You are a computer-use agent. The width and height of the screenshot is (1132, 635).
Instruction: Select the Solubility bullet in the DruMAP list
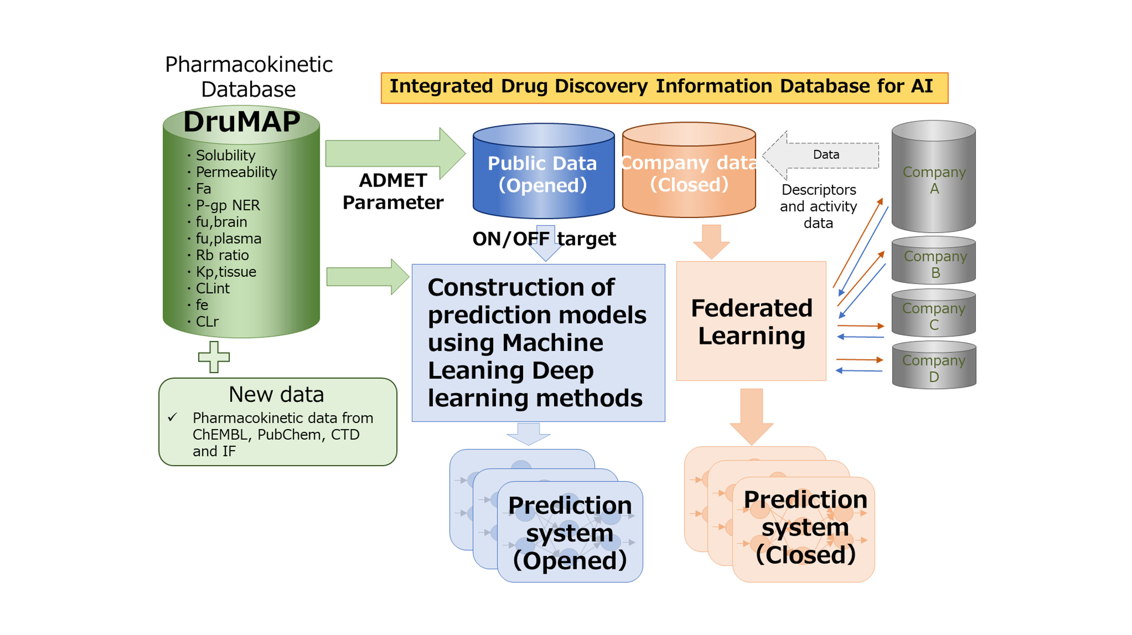[x=225, y=155]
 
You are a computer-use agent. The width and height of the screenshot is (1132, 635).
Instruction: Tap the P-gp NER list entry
[x=228, y=205]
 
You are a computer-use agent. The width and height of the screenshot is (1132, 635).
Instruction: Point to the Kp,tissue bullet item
[x=226, y=272]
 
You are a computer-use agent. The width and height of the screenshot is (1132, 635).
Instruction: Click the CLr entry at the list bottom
[x=207, y=322]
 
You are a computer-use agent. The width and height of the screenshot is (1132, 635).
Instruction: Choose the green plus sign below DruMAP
[x=214, y=357]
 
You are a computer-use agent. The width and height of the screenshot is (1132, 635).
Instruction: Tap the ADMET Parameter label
[x=393, y=192]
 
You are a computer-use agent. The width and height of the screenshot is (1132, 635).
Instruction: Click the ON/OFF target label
[x=544, y=239]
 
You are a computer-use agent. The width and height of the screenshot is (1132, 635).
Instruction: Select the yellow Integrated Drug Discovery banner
[x=664, y=87]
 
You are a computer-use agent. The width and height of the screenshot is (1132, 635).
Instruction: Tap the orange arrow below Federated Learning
[x=751, y=416]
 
